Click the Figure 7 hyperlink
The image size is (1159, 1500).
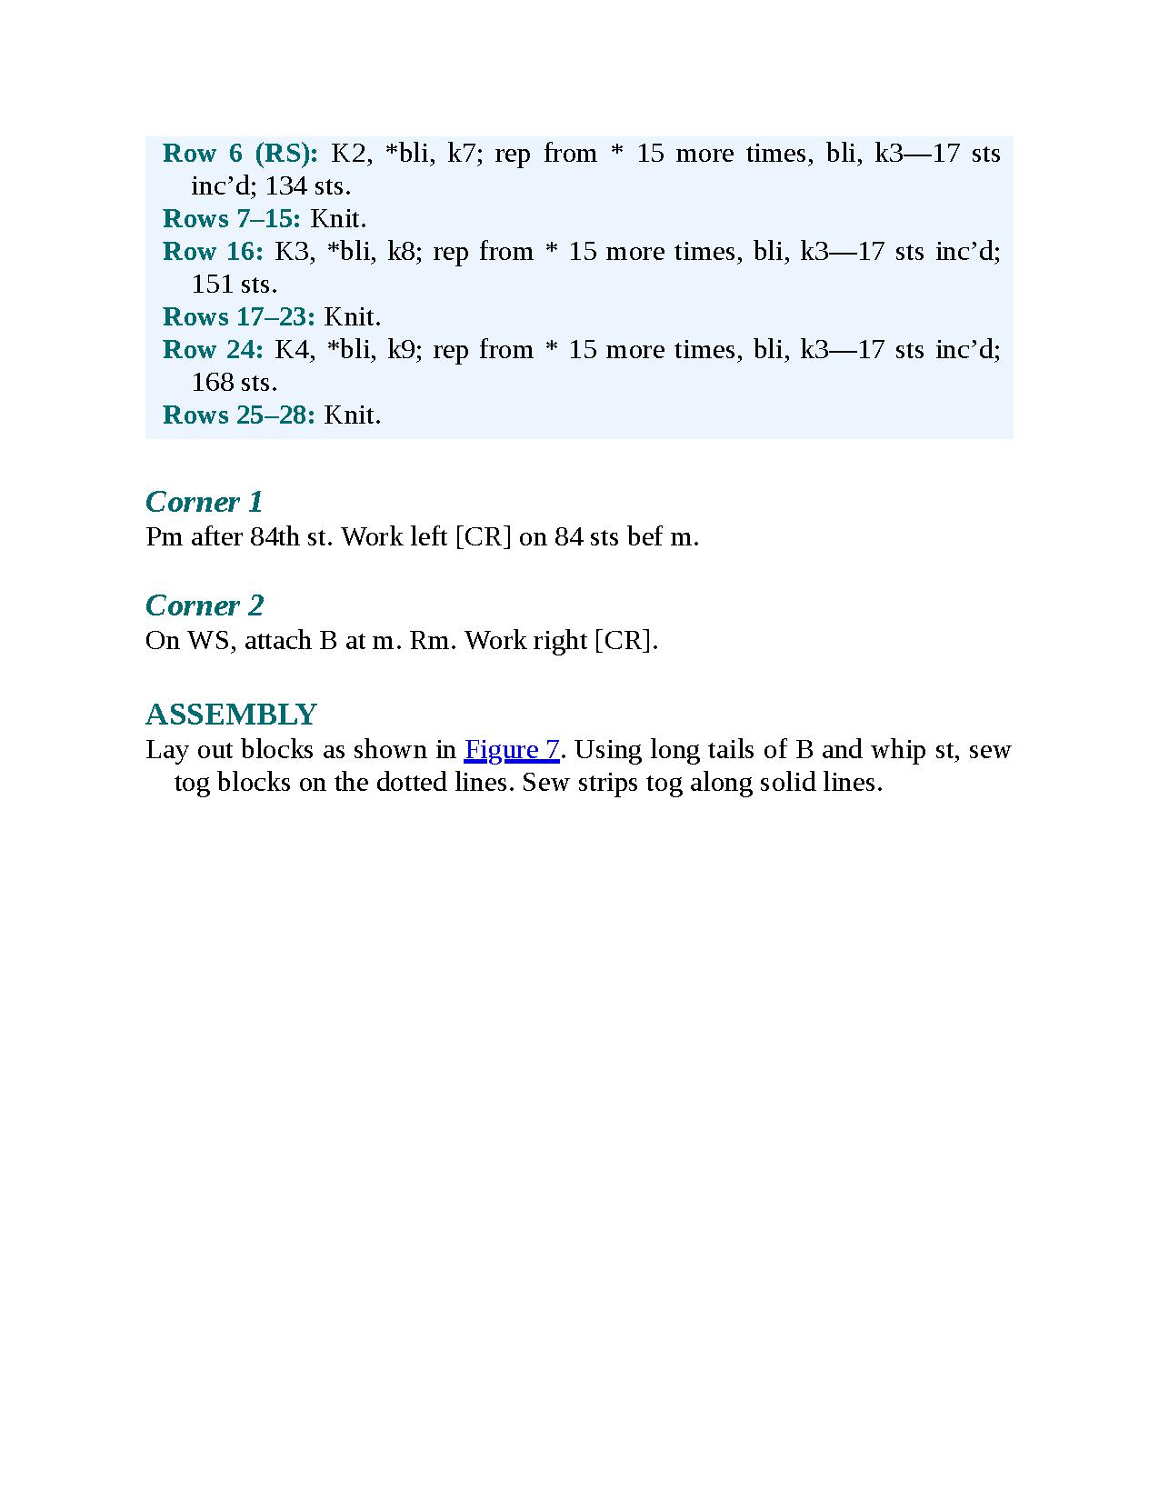pyautogui.click(x=512, y=750)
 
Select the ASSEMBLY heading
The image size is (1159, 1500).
pyautogui.click(x=231, y=715)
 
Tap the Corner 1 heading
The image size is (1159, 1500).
pyautogui.click(x=204, y=502)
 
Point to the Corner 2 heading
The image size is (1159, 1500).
pyautogui.click(x=205, y=605)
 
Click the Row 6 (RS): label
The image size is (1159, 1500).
pyautogui.click(x=240, y=154)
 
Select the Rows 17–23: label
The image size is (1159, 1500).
pyautogui.click(x=239, y=317)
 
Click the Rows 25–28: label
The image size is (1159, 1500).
pyautogui.click(x=239, y=415)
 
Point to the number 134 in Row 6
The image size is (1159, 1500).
pyautogui.click(x=285, y=186)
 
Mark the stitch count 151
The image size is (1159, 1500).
pyautogui.click(x=212, y=285)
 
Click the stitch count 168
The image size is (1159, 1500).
pyautogui.click(x=212, y=383)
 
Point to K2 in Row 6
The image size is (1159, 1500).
pyautogui.click(x=347, y=154)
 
